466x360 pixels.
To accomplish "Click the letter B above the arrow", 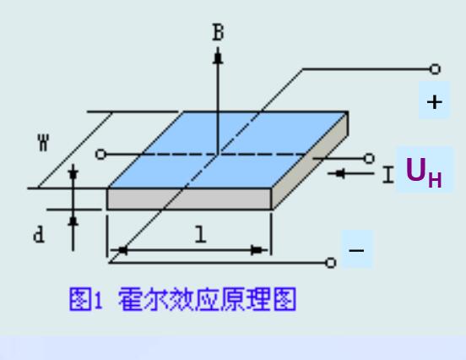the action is (x=218, y=32).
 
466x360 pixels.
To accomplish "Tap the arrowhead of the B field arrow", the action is (x=218, y=57).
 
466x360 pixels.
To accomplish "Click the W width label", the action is (x=43, y=143).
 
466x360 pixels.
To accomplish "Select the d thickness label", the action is (x=39, y=234).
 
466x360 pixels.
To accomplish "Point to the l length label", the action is (x=201, y=234).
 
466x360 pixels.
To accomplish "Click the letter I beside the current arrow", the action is (x=388, y=175).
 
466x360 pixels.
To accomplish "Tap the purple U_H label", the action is (x=424, y=172).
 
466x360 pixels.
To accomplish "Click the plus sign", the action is (x=435, y=102).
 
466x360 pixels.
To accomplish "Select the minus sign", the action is (x=356, y=250).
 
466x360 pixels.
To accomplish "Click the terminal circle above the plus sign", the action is (x=435, y=69).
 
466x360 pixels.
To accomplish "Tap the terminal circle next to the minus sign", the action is (x=331, y=263).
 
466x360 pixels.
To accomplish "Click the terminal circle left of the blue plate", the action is (x=100, y=155).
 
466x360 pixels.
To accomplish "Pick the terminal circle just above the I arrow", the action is (x=369, y=159).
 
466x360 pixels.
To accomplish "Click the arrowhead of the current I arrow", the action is (x=339, y=173).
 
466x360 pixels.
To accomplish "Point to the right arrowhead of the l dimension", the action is (x=258, y=250).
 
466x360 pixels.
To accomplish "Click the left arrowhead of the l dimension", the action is (x=122, y=250).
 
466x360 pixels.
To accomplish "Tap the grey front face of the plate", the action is (x=189, y=199).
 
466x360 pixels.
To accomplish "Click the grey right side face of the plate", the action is (x=310, y=161).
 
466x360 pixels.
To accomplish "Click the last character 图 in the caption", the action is (x=284, y=299).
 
